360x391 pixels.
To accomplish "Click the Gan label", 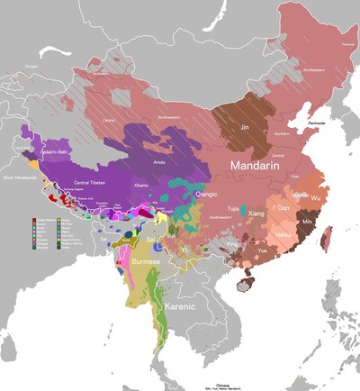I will tap(283, 208).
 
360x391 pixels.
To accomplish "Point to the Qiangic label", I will tap(206, 192).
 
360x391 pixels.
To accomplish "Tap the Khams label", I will tap(142, 184).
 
